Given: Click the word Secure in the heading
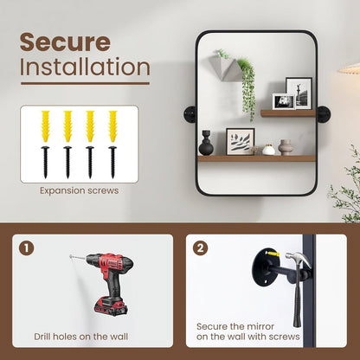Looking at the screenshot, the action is point(65,42).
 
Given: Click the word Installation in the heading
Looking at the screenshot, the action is point(85,67).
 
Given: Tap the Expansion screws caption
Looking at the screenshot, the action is point(79,190).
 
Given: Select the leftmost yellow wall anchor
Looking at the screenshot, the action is point(46,126).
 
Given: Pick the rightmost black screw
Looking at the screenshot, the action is point(112,162).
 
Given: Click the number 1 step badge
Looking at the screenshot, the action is point(27,248).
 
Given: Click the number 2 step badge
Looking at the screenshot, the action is point(200,248).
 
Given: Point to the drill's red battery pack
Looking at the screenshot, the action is point(112,306).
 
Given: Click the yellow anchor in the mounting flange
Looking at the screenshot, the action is point(273,254).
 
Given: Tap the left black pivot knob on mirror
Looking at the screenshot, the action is point(190,114).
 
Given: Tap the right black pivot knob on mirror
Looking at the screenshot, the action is point(324,114).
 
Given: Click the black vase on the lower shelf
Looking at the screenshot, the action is point(206,143).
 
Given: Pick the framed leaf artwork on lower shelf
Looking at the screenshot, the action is point(241,142).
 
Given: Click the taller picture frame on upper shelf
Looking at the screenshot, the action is point(299,93).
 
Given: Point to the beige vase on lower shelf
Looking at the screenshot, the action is point(286,147).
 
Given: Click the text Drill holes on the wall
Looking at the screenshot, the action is point(81,337).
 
